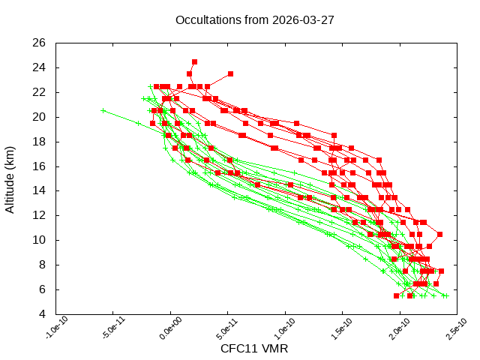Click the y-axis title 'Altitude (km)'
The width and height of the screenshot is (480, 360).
pyautogui.click(x=10, y=178)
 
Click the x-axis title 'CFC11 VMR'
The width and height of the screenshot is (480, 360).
pyautogui.click(x=254, y=349)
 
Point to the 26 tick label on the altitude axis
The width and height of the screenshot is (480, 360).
pyautogui.click(x=40, y=43)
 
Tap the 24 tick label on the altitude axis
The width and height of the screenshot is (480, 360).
pyautogui.click(x=40, y=67)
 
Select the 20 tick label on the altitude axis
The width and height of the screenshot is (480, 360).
pyautogui.click(x=40, y=117)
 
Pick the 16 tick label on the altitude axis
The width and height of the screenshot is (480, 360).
pyautogui.click(x=40, y=166)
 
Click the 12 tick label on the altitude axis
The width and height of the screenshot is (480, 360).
pyautogui.click(x=40, y=215)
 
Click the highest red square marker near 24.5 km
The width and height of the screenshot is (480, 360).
pyautogui.click(x=194, y=61)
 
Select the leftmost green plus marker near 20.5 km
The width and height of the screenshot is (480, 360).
pyautogui.click(x=103, y=110)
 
